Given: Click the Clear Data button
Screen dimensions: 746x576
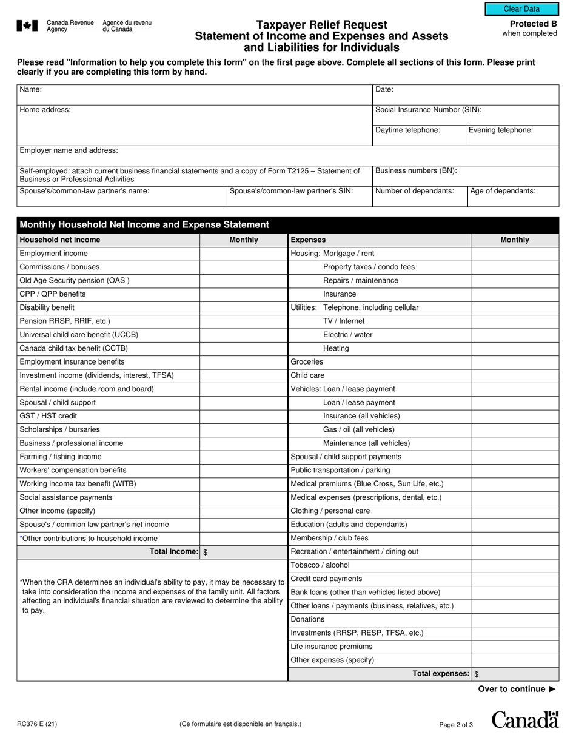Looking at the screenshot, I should point(521,9).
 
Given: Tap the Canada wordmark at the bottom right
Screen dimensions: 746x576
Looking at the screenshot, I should point(524,720).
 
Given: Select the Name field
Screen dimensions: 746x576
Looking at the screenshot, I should point(194,95).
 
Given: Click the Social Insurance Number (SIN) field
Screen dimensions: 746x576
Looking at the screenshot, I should point(465,115).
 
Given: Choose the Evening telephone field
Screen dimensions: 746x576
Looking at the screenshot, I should point(512,135).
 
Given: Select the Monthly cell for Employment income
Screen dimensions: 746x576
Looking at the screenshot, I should point(243,254).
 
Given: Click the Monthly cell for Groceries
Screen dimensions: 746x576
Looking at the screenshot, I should point(514,362).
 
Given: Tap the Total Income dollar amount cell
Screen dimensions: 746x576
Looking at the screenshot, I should point(243,552).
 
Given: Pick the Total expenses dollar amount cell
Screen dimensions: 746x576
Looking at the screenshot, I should point(514,674).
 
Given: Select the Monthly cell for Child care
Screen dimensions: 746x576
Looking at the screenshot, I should point(514,375).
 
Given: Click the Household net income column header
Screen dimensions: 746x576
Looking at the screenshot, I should point(60,240).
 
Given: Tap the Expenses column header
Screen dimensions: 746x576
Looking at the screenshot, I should point(308,240).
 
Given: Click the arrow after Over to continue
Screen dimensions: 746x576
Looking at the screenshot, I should point(551,689).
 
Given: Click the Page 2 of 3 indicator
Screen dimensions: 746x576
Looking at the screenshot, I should point(456,724).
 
